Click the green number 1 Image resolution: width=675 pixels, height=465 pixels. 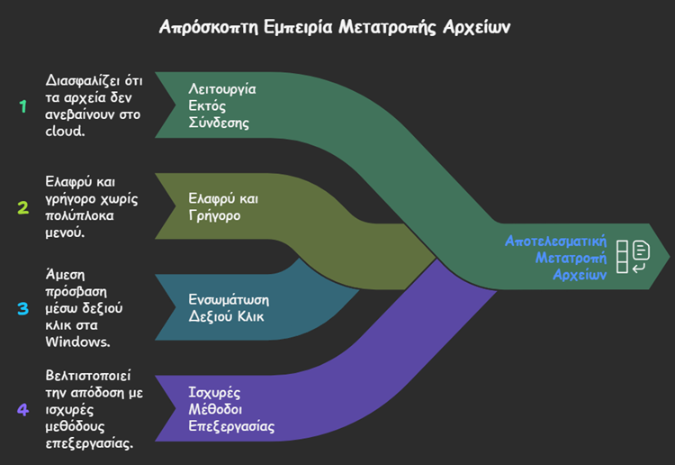point(23,106)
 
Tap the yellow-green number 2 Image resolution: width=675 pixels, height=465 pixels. point(23,207)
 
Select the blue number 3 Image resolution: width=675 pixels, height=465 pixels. point(23,308)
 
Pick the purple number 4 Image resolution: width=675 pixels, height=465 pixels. point(23,409)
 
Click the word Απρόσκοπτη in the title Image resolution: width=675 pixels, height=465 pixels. point(205,26)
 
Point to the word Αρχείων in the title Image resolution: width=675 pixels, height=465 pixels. point(475,26)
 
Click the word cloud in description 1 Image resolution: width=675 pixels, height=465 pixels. point(65,131)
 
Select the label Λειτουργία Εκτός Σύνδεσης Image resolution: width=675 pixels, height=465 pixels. point(221,105)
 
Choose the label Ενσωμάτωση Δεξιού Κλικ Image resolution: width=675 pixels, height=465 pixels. point(229,307)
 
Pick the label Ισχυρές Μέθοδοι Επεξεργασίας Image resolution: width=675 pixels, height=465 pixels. point(230,409)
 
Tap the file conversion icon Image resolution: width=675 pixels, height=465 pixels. point(634,257)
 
